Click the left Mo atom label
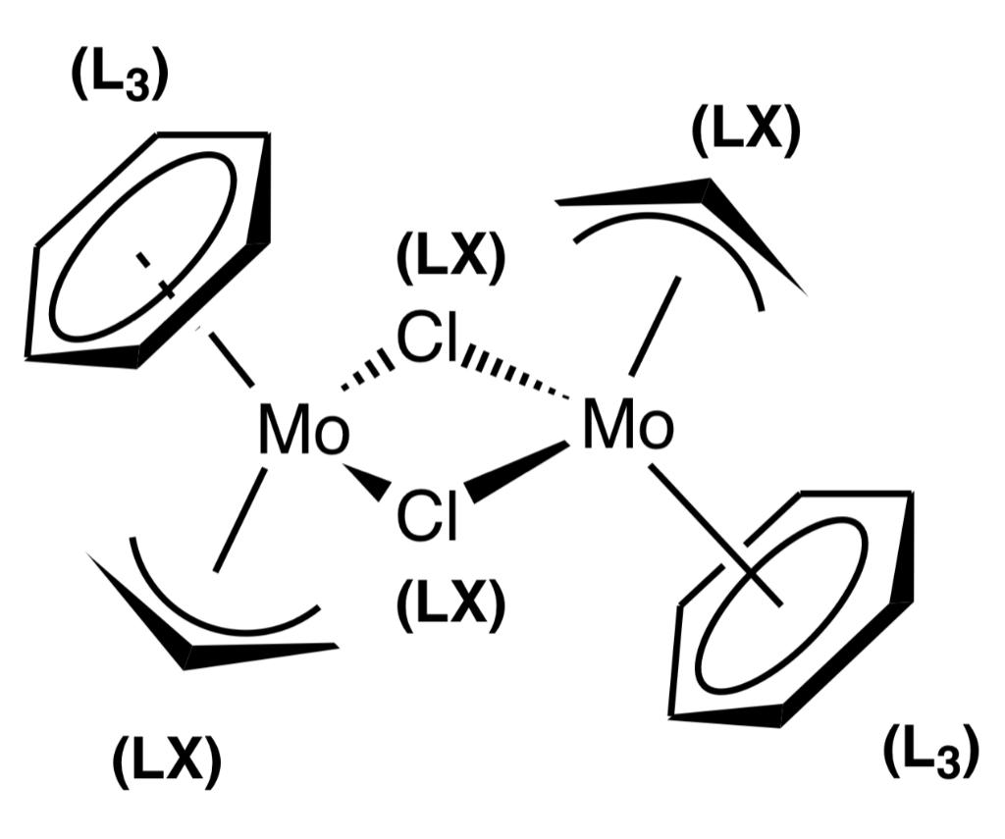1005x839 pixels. click(x=303, y=433)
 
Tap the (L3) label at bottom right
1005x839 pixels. click(x=930, y=754)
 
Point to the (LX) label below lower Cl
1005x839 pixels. click(x=450, y=602)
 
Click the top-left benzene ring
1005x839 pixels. click(x=147, y=245)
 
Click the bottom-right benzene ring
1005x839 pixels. click(x=795, y=608)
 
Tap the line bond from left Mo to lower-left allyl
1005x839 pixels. click(x=240, y=520)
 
